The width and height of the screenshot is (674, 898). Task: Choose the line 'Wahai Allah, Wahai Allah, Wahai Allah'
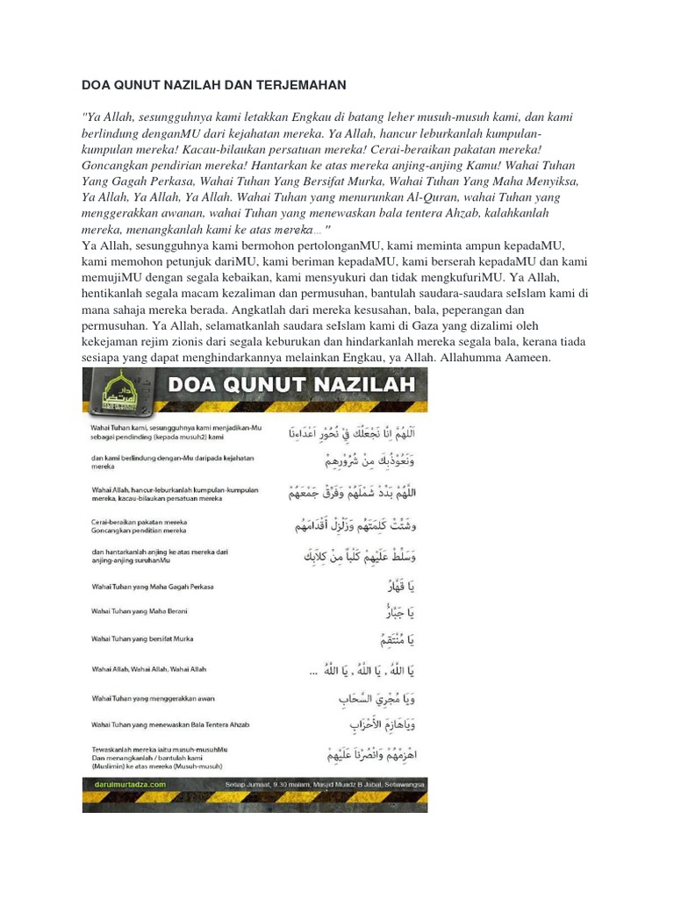point(148,669)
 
